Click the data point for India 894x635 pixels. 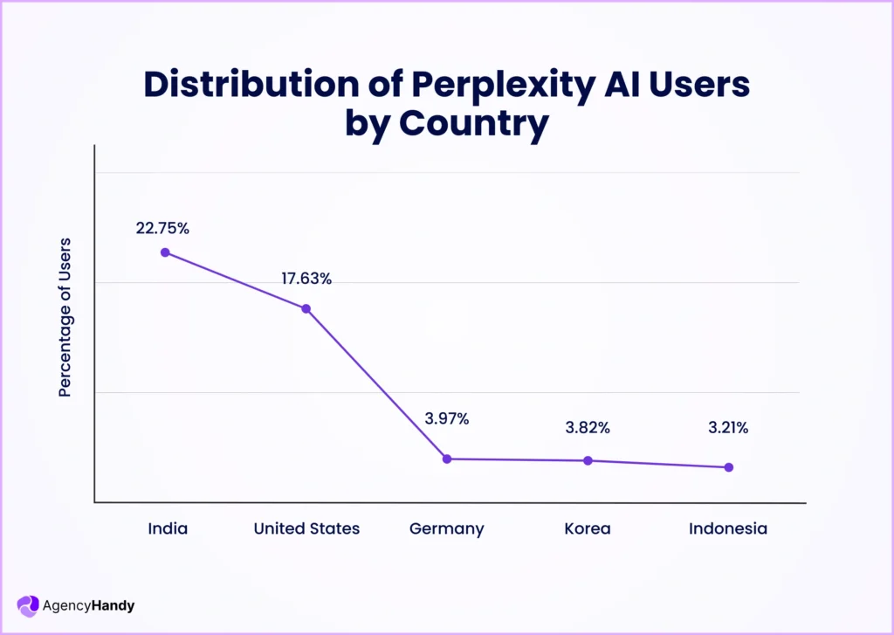165,252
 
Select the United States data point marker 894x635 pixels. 306,308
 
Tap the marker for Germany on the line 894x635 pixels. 447,459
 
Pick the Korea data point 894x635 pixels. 588,460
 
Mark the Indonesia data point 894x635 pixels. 729,467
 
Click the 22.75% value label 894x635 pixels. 162,228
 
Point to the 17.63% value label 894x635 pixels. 306,279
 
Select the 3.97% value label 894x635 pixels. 447,418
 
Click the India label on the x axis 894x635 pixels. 168,528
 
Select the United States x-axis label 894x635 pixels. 306,528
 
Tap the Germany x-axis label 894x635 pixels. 447,529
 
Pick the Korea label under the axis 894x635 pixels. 588,528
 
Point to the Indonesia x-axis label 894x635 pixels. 728,528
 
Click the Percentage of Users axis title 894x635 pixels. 65,317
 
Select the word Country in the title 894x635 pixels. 474,124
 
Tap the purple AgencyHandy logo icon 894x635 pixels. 28,605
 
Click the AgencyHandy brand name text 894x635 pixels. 88,605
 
